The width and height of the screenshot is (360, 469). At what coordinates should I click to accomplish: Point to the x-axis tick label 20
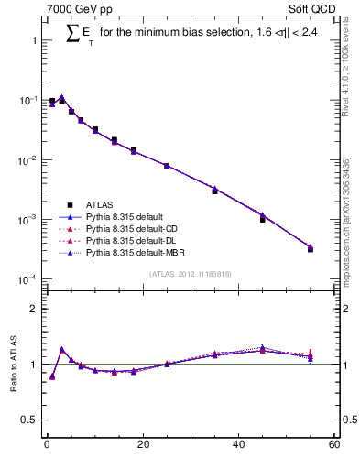click(142, 444)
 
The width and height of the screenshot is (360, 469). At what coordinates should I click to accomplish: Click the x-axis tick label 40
click(238, 444)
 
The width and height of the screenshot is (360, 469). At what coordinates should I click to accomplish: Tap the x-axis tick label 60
click(333, 444)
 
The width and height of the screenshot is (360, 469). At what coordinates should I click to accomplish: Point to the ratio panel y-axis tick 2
click(34, 309)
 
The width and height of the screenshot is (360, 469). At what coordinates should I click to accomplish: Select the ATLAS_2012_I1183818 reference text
click(189, 274)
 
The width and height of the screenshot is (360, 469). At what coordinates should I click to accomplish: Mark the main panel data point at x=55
click(310, 248)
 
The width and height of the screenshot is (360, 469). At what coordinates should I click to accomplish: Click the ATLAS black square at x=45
click(262, 220)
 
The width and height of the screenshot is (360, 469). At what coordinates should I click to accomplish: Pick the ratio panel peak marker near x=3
click(61, 350)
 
